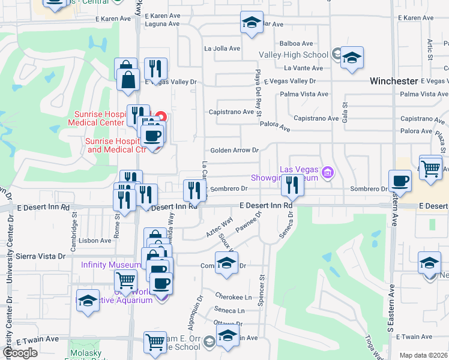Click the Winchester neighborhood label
point(393,80)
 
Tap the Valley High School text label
point(294,55)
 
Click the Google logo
point(20,353)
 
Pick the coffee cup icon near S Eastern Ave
point(400,181)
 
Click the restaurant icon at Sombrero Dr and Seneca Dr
point(292,187)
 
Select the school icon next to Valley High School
point(352,58)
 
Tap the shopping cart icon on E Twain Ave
point(155,342)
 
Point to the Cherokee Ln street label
point(232,297)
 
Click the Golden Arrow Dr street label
point(234,150)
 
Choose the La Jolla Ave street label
point(222,48)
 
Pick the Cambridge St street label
point(75,229)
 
